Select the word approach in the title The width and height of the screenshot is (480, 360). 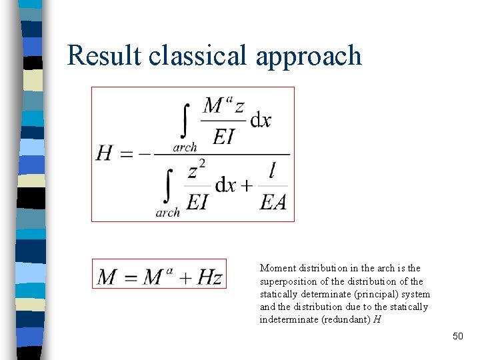coord(308,57)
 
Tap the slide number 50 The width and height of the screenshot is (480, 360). coord(457,336)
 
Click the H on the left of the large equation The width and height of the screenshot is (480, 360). coord(105,154)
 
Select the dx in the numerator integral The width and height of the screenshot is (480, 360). coord(260,121)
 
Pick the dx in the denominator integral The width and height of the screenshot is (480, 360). coord(225,185)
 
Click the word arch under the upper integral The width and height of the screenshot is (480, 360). coord(185,148)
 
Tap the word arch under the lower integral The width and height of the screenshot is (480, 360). coord(168,213)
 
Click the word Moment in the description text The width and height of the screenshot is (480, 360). coord(278,268)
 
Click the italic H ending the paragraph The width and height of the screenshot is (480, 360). coord(377,319)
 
